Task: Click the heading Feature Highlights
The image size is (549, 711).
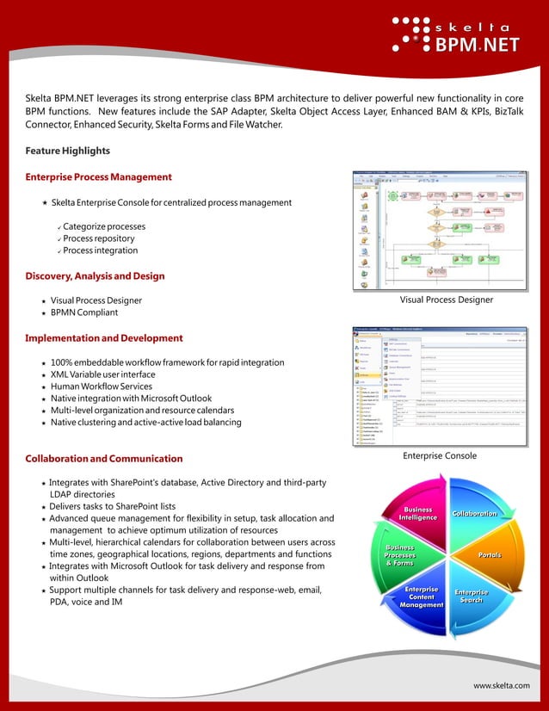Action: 68,151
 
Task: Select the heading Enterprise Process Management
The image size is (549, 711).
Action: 98,176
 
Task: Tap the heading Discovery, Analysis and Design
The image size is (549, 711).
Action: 95,276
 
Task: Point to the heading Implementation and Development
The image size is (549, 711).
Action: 104,338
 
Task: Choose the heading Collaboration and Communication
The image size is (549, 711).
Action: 104,459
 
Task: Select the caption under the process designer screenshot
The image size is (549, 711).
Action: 446,300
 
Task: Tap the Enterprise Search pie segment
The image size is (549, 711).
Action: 472,596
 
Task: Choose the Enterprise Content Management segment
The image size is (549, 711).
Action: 421,597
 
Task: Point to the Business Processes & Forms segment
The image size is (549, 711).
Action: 400,555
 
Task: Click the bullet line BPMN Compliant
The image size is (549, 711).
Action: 84,312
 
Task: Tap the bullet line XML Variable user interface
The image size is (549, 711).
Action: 103,374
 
